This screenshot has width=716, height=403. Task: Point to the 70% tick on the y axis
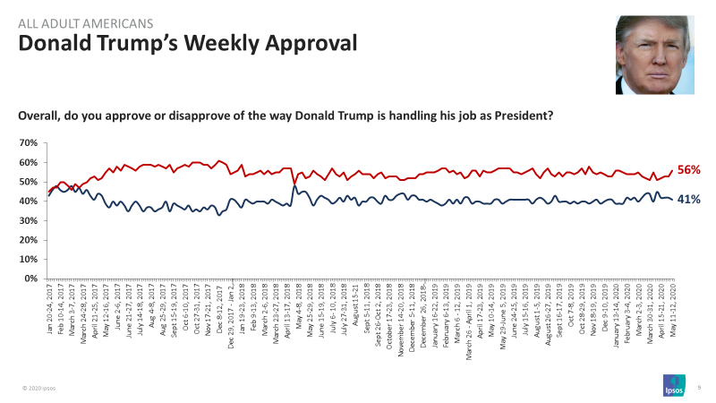click(29, 143)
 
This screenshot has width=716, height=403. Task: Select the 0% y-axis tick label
click(31, 279)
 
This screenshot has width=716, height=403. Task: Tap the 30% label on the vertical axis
click(29, 220)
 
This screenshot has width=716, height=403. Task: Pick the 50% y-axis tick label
click(29, 182)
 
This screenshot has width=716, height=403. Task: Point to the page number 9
click(698, 387)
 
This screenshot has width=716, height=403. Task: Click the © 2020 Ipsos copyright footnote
click(40, 388)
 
